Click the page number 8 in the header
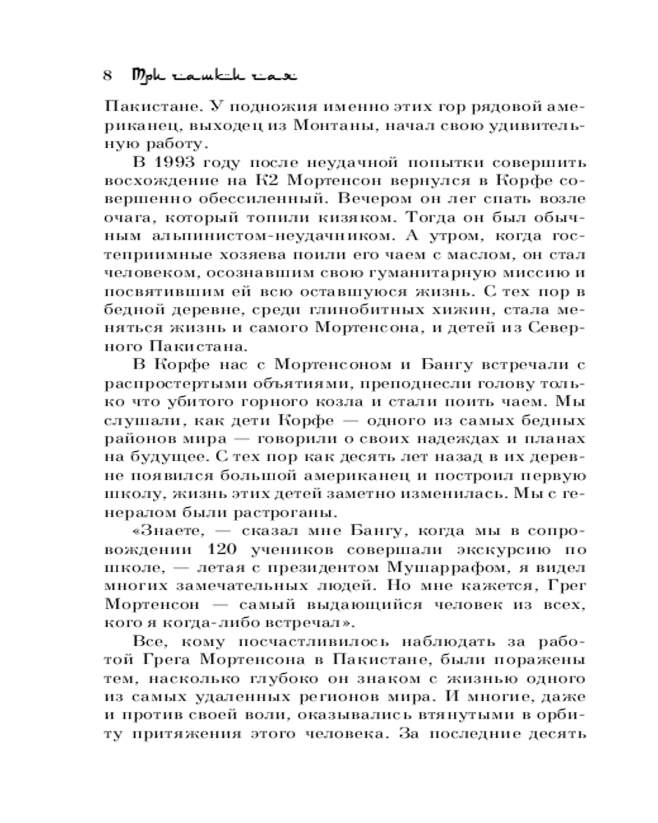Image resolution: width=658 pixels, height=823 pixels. coord(108,75)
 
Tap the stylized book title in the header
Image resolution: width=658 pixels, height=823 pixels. coord(212,75)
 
